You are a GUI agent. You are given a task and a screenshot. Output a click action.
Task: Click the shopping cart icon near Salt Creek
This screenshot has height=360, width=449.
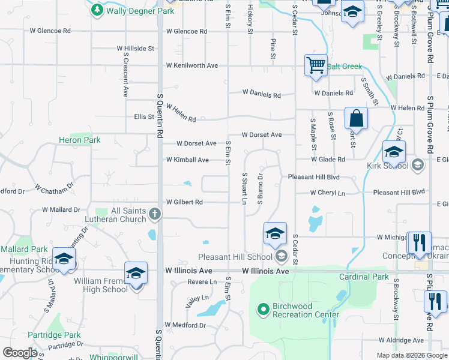click(x=316, y=65)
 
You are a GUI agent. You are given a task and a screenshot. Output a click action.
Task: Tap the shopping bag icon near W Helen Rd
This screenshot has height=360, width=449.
click(x=356, y=118)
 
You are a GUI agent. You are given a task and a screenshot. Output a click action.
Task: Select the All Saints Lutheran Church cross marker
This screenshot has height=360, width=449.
click(x=155, y=214)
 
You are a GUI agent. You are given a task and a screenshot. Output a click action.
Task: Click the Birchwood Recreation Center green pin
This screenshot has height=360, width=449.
click(x=262, y=310)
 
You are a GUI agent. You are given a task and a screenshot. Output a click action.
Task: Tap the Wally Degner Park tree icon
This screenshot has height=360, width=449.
click(x=97, y=10)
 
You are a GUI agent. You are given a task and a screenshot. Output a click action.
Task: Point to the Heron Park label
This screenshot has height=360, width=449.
click(x=79, y=140)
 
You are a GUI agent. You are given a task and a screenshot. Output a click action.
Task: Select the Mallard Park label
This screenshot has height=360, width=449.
click(x=24, y=249)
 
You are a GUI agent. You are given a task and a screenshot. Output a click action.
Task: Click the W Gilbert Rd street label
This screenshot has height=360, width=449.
click(x=184, y=202)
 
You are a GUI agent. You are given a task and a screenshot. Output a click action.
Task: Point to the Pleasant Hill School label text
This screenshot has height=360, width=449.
click(x=235, y=257)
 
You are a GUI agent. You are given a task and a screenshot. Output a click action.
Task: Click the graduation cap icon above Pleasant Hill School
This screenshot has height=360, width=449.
click(x=275, y=233)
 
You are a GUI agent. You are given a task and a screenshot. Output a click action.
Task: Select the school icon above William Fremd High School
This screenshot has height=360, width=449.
click(x=136, y=272)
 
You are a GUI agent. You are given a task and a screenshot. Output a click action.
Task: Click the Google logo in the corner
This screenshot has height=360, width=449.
click(x=20, y=353)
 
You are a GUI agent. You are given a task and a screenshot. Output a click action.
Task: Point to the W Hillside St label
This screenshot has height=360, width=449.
click(x=136, y=48)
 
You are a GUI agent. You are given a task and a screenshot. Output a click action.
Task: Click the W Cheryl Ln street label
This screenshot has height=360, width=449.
click(x=328, y=193)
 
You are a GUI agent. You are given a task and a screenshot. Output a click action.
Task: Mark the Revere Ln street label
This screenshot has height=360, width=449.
click(x=202, y=281)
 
